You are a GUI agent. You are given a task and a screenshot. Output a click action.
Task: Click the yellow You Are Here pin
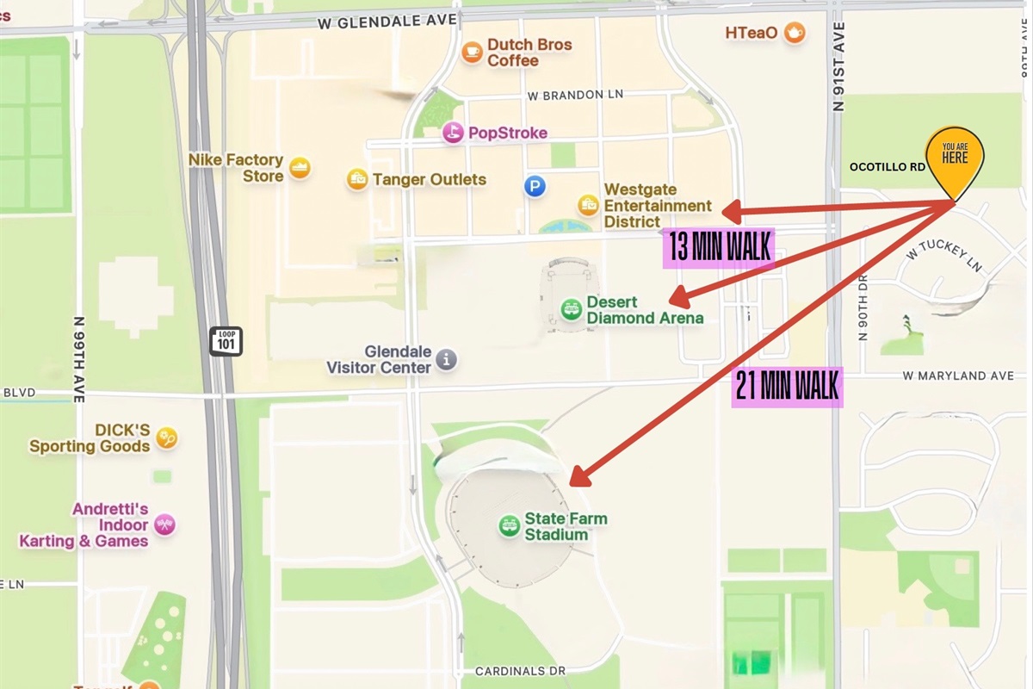(954, 160)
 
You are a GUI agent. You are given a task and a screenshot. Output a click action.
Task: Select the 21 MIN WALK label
(787, 387)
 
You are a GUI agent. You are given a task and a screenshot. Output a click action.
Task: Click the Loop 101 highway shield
(226, 340)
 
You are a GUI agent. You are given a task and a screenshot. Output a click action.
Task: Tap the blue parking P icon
(535, 186)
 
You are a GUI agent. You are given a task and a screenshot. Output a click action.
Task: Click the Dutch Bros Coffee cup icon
(472, 53)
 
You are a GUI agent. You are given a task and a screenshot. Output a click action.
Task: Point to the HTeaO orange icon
(794, 33)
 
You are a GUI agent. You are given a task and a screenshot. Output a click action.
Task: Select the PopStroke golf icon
(453, 133)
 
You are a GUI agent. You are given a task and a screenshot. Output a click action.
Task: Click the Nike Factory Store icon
(300, 168)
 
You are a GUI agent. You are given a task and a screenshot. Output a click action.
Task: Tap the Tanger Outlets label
(429, 179)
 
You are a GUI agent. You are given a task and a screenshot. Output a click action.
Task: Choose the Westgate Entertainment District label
(658, 206)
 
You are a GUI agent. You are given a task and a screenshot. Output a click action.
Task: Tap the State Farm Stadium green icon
(509, 525)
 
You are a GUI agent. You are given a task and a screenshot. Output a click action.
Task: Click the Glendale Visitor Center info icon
(446, 359)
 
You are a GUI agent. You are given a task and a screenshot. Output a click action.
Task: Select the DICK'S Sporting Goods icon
(166, 438)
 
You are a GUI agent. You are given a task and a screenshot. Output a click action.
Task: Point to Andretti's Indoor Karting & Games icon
(164, 525)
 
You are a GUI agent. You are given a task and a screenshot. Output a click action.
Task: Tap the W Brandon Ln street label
(576, 95)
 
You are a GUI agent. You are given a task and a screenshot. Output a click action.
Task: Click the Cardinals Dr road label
(520, 671)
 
